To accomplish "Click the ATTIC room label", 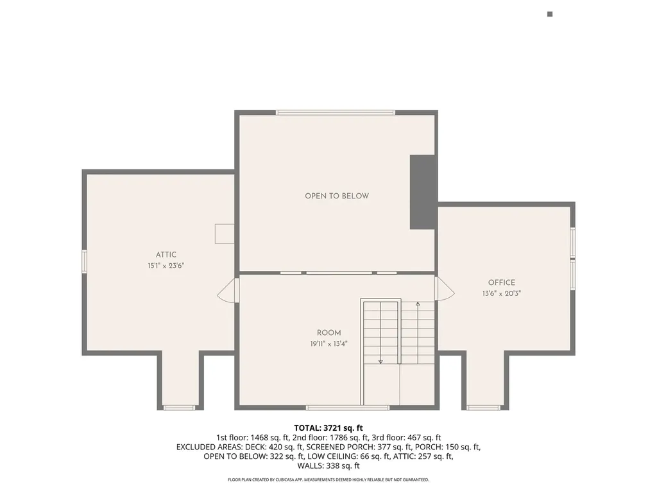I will coord(166,255).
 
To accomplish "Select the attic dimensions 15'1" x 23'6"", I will coord(166,265).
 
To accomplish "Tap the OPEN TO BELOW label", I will coord(337,196).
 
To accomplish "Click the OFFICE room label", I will coord(501,282).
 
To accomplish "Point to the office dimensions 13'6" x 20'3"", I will coord(501,293).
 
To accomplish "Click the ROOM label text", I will coord(328,333).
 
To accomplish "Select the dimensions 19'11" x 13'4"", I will coord(328,343).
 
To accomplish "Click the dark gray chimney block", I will coord(423,191).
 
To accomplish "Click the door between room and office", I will coord(444,290).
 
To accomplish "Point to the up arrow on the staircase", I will coord(418,304).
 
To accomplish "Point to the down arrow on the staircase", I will coord(380,361).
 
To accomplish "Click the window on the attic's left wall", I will coord(84,261).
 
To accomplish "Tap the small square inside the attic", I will coord(225,233).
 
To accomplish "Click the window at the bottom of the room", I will coord(347,408).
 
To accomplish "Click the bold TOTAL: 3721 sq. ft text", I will coord(328,428).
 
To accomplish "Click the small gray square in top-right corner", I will coord(550,14).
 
